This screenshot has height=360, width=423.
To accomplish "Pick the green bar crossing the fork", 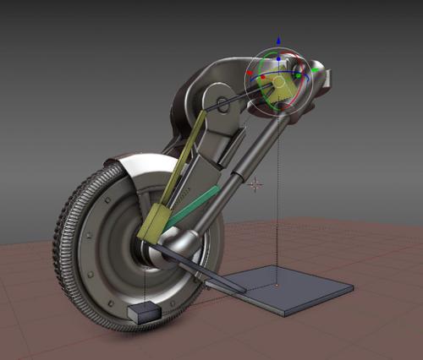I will [x=197, y=206].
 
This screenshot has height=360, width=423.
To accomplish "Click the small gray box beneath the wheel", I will [x=143, y=311].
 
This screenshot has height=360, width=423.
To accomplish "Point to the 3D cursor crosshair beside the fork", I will [x=255, y=183].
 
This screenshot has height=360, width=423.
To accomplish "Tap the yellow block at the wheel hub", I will [x=151, y=221].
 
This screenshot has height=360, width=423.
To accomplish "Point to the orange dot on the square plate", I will [x=277, y=286].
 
